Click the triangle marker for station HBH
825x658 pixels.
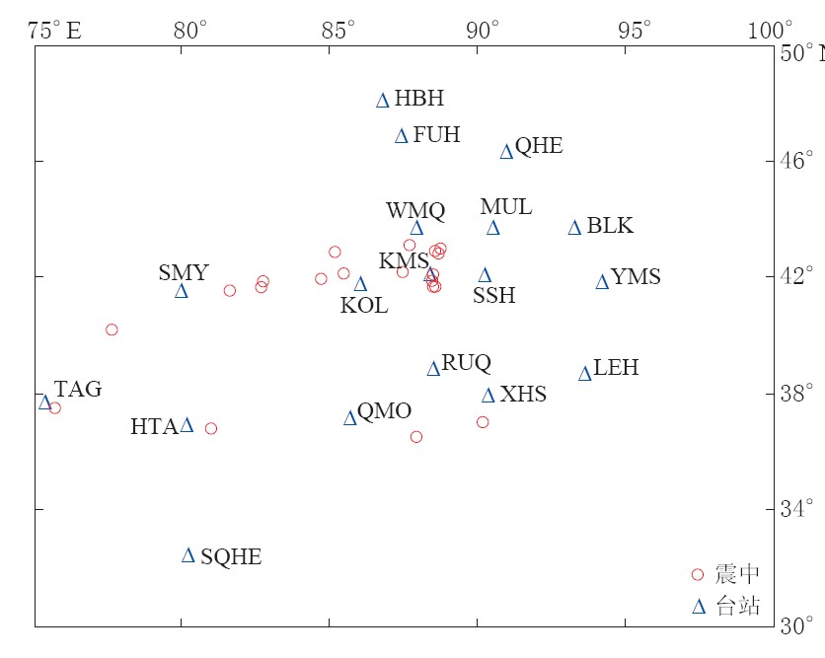(383, 100)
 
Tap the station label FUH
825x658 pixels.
(436, 135)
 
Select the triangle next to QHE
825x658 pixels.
(506, 151)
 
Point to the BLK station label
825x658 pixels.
(610, 226)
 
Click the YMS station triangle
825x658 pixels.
(602, 282)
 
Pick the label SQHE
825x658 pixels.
(231, 557)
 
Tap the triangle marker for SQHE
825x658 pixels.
(188, 555)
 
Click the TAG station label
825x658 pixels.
(78, 389)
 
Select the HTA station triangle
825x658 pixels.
(187, 425)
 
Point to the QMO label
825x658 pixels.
(384, 411)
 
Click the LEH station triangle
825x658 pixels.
(585, 373)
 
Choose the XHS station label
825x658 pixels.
(523, 396)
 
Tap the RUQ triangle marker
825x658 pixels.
(433, 369)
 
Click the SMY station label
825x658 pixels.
(184, 273)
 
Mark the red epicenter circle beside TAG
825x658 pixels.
(55, 408)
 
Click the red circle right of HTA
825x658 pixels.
(210, 428)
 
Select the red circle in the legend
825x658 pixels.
(698, 574)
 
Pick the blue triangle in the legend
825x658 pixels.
(699, 607)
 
